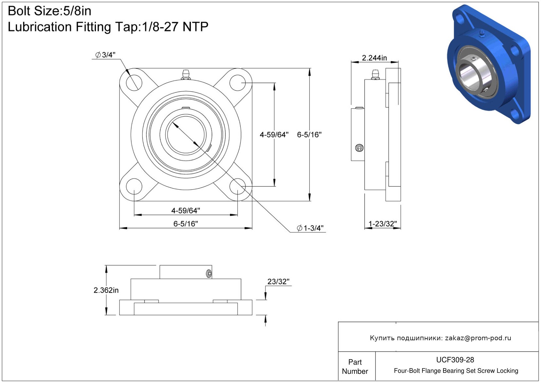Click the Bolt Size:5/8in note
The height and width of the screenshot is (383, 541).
[50, 11]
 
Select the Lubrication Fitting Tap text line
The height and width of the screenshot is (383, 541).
[108, 27]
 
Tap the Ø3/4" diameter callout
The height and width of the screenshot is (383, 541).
[105, 55]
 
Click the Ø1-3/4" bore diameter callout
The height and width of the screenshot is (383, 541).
[310, 228]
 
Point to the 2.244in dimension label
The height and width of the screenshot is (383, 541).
[374, 58]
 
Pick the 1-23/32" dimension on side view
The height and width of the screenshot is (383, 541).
[383, 224]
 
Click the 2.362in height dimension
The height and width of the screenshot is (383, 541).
[106, 290]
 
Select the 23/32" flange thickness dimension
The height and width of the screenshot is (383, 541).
[278, 281]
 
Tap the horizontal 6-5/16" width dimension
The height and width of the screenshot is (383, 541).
[186, 224]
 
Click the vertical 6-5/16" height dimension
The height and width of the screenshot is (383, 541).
[309, 135]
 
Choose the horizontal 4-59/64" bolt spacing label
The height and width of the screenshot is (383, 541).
[186, 211]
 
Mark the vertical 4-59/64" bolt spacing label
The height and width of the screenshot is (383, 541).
[274, 135]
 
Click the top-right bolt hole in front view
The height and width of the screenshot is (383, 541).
[237, 83]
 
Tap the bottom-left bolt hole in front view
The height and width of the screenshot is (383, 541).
[134, 186]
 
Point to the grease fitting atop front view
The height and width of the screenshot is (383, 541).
[186, 75]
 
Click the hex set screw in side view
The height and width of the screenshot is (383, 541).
[359, 148]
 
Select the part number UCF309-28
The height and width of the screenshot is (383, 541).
[455, 360]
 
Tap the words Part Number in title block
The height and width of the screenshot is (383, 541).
[355, 367]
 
